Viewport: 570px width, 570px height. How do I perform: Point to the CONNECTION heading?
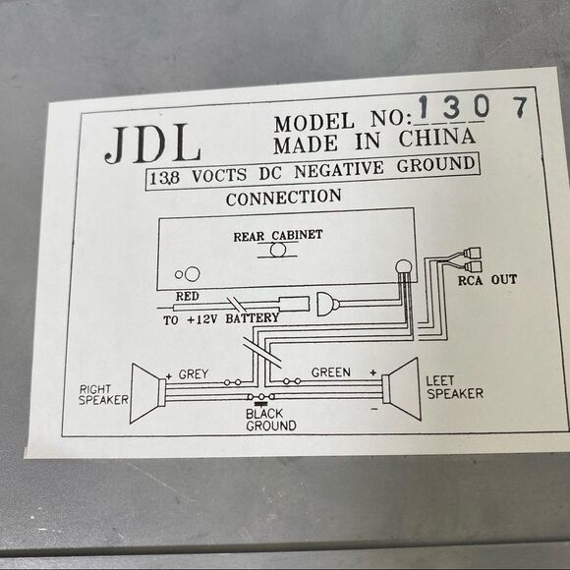[x=284, y=198]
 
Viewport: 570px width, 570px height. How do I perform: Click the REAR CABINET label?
[x=278, y=236]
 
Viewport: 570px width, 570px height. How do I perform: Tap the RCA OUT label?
[x=488, y=280]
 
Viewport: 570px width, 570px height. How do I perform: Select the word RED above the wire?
[x=187, y=295]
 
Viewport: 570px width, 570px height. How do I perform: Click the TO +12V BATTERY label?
[x=220, y=317]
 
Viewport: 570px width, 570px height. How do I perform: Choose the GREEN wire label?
[x=330, y=372]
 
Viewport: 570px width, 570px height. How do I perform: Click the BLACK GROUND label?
[x=269, y=420]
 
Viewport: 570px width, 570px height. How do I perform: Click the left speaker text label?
[x=454, y=386]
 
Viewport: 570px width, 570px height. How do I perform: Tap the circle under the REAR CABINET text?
[x=279, y=252]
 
